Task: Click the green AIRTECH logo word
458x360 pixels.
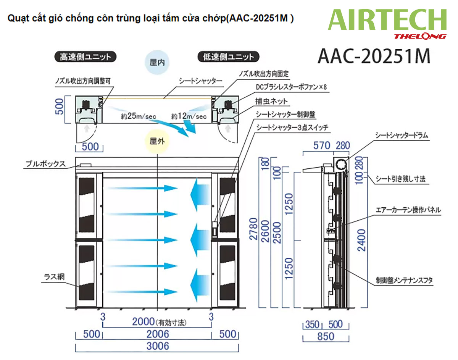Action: (x=387, y=21)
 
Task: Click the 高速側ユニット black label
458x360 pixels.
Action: (x=85, y=57)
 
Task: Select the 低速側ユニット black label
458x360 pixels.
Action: (x=228, y=57)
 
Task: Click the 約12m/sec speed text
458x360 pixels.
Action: (x=189, y=116)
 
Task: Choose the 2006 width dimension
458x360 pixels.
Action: (x=158, y=334)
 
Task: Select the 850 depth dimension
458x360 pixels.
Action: (x=325, y=336)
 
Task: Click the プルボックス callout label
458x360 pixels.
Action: (x=45, y=164)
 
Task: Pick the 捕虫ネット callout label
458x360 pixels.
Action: (x=272, y=101)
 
